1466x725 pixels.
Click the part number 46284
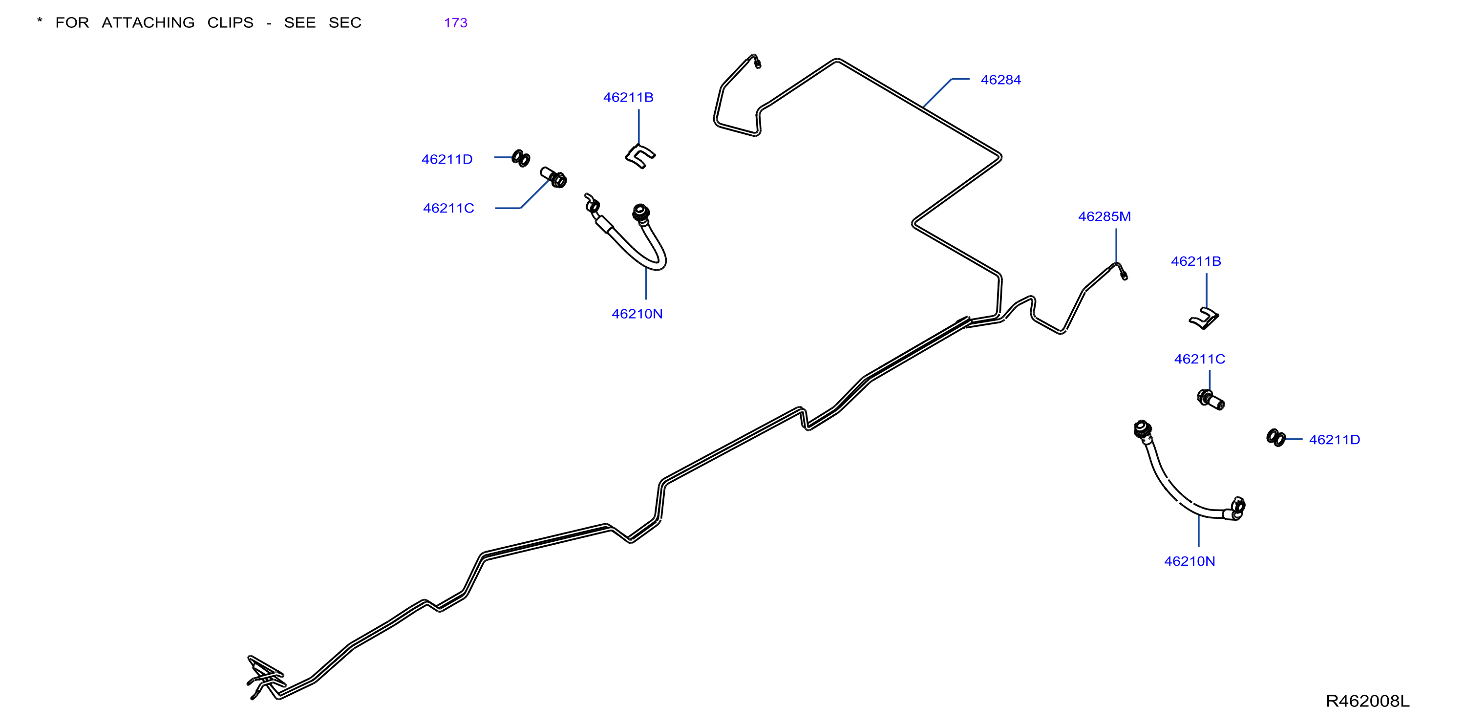(1000, 80)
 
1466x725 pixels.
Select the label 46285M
(1104, 216)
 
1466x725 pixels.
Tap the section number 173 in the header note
(455, 23)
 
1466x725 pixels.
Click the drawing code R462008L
(1367, 701)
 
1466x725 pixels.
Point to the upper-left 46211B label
(628, 97)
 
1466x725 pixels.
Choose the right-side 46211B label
(1196, 261)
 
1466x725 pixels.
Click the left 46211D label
(447, 159)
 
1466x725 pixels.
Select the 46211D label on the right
(1335, 439)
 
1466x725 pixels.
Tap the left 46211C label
(448, 208)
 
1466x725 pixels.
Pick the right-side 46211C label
(1200, 359)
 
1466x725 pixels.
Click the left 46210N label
(637, 314)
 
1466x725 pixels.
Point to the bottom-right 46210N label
(1190, 561)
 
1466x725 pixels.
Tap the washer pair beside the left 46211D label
(521, 158)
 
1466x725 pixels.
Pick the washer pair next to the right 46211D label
(1275, 438)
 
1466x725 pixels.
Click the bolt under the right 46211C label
(1211, 400)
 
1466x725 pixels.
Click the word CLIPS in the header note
(231, 23)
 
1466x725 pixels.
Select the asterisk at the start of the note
(39, 21)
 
